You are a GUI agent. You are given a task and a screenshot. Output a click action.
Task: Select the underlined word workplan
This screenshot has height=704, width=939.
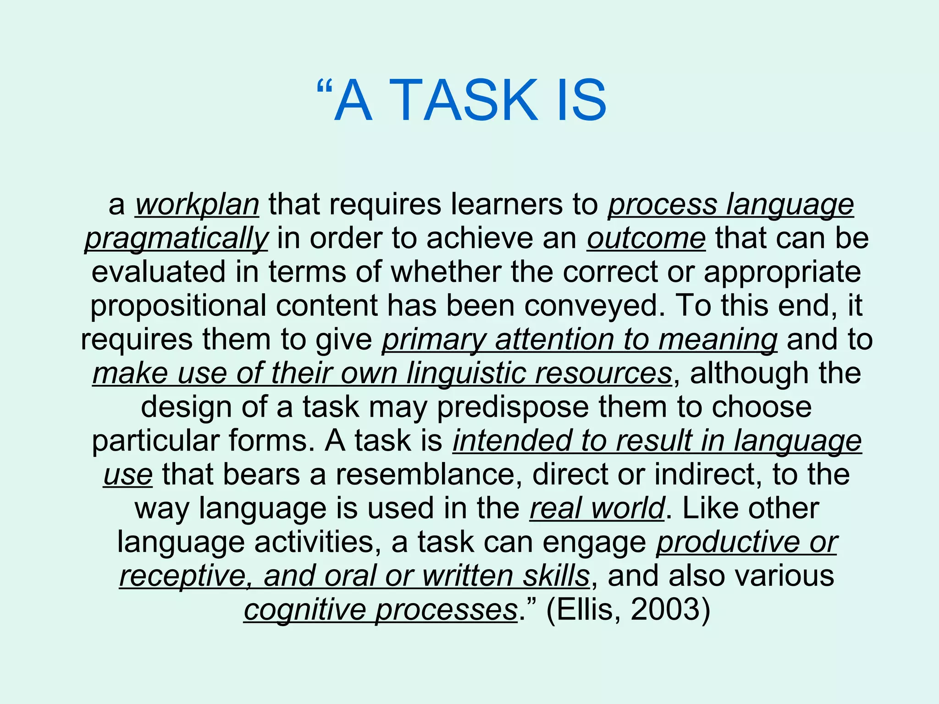pyautogui.click(x=197, y=204)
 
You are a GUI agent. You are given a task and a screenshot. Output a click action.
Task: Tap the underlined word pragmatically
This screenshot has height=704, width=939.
pyautogui.click(x=177, y=238)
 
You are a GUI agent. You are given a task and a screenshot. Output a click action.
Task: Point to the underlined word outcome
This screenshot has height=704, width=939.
pyautogui.click(x=646, y=238)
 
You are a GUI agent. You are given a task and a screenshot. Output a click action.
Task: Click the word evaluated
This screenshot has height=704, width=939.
pyautogui.click(x=159, y=272)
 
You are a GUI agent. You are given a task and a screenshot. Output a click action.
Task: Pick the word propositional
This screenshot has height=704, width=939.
pyautogui.click(x=178, y=306)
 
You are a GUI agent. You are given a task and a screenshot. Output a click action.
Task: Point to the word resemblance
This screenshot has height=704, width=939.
pyautogui.click(x=429, y=474)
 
